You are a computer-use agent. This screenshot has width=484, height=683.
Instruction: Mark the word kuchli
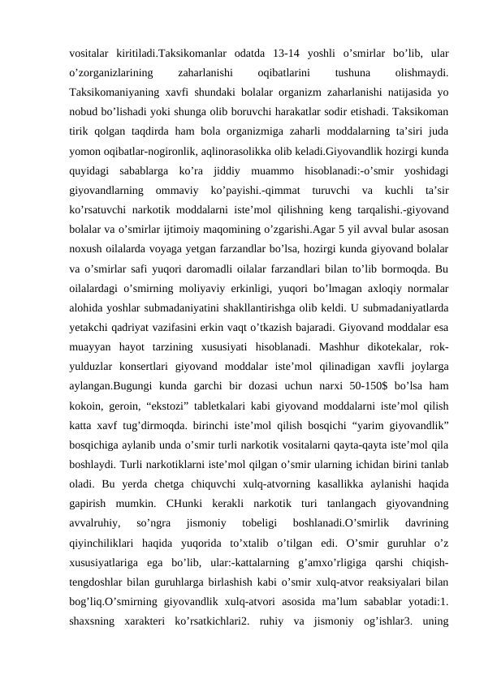(x=383, y=200)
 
